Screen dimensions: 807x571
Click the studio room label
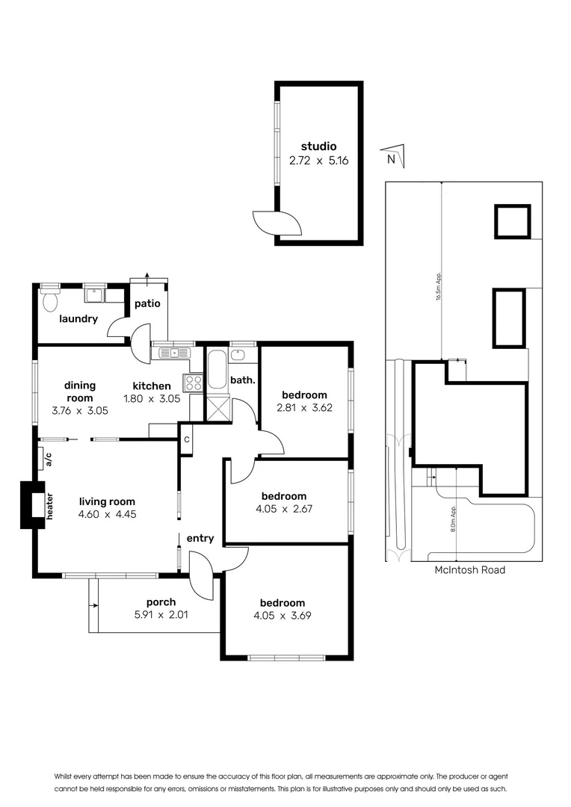(x=318, y=146)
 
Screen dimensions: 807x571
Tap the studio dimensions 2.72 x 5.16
(x=318, y=160)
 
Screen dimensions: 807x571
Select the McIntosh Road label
(x=469, y=570)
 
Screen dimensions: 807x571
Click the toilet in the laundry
(x=51, y=302)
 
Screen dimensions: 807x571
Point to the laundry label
(x=78, y=319)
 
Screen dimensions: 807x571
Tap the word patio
(x=147, y=304)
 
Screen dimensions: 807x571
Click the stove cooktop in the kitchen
(x=193, y=383)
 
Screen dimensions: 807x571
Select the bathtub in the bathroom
(x=217, y=370)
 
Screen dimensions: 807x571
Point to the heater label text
(x=50, y=507)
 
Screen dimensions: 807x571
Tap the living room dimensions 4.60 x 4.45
(x=108, y=514)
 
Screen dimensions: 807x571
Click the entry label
(x=200, y=538)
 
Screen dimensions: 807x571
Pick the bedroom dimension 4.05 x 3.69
(x=283, y=616)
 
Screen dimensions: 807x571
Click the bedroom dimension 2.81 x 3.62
(x=303, y=408)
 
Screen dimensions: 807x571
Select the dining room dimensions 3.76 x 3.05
(x=81, y=410)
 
